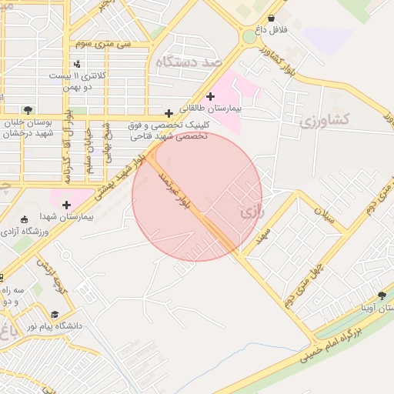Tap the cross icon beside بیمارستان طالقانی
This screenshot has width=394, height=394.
coord(210,96)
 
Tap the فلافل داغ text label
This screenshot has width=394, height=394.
coord(270,30)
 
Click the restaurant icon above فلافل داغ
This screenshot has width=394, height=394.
coord(270,17)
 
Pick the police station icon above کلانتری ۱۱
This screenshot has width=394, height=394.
coord(76,64)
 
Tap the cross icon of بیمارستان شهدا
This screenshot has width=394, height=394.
coord(66,205)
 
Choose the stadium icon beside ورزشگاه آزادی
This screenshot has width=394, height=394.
coord(25,219)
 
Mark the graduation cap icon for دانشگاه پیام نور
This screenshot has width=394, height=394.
coord(55,315)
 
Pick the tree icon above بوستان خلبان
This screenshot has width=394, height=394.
coord(28,110)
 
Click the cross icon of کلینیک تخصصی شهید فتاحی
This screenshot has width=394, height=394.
coord(169,113)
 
